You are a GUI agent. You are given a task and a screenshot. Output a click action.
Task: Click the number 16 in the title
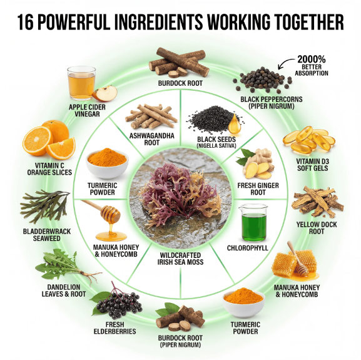click(x=25, y=22)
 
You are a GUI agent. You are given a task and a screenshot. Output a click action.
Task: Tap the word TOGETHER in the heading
click(x=310, y=22)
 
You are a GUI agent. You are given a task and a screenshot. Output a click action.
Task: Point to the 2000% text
click(x=312, y=59)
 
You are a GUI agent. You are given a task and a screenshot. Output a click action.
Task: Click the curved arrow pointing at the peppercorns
click(x=285, y=63)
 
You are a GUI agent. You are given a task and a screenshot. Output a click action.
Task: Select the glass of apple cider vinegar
click(x=81, y=83)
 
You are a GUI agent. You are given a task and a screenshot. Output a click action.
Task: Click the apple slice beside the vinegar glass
click(x=104, y=93)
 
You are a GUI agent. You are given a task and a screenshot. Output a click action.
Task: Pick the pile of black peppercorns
click(x=263, y=80)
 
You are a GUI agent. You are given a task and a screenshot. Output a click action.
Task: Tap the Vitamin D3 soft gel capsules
click(x=309, y=140)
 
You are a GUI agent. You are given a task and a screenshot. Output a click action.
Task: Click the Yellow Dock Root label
click(x=317, y=228)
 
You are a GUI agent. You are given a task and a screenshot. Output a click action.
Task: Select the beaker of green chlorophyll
click(x=254, y=223)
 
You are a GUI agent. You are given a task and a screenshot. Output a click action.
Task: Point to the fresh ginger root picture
click(x=255, y=164)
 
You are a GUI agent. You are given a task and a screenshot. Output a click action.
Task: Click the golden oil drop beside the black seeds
click(x=235, y=125)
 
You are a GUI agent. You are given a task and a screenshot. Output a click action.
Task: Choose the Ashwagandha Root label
click(x=152, y=139)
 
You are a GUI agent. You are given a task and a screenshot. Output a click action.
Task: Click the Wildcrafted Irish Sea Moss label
click(x=180, y=259)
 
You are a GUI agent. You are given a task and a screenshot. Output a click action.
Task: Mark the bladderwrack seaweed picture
click(x=44, y=206)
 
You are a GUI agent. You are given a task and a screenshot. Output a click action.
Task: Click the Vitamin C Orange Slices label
click(x=49, y=169)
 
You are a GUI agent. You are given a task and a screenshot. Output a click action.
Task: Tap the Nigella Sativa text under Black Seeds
click(x=216, y=146)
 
